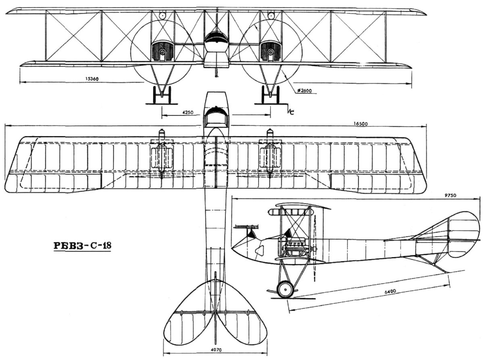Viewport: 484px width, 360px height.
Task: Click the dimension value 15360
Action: pyautogui.click(x=92, y=79)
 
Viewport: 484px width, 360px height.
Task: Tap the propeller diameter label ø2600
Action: pyautogui.click(x=305, y=91)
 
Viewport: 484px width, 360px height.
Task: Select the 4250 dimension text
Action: pyautogui.click(x=188, y=113)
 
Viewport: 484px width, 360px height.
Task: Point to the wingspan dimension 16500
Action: pyautogui.click(x=361, y=124)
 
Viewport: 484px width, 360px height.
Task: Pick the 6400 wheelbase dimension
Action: pyautogui.click(x=390, y=291)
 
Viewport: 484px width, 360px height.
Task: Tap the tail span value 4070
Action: pyautogui.click(x=216, y=350)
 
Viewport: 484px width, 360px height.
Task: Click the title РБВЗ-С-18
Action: pyautogui.click(x=83, y=245)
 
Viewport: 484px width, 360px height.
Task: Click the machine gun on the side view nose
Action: pyautogui.click(x=246, y=227)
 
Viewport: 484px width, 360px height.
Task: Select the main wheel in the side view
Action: pyautogui.click(x=285, y=290)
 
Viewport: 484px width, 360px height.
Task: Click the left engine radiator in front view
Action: pyautogui.click(x=163, y=51)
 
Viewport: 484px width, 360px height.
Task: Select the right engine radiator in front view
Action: pyautogui.click(x=271, y=51)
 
